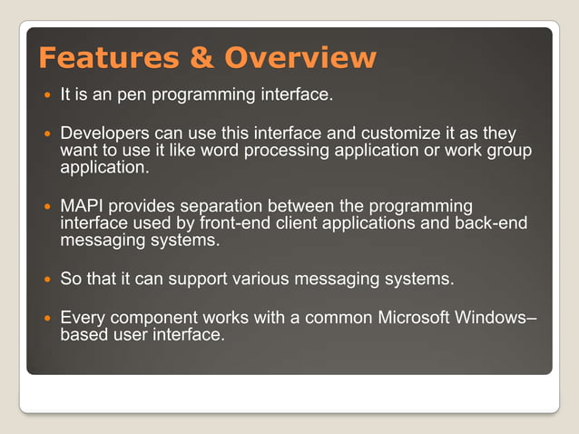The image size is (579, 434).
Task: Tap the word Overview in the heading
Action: (x=299, y=58)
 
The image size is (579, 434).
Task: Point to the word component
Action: (x=146, y=318)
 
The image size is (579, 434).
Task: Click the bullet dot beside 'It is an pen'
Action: (x=45, y=94)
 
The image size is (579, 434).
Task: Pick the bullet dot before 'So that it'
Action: (x=45, y=280)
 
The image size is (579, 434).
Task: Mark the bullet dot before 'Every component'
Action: (x=45, y=319)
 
